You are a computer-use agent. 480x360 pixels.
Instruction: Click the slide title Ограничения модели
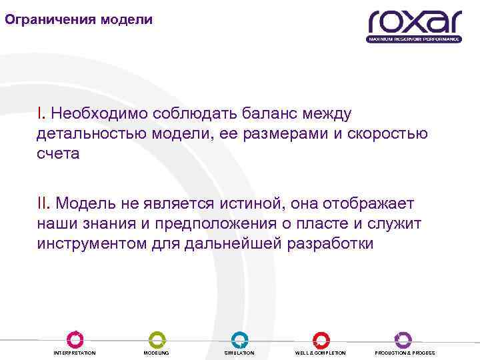pyautogui.click(x=79, y=19)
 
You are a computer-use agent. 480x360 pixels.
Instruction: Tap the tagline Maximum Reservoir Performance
pyautogui.click(x=414, y=39)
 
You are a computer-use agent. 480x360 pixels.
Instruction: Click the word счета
pyautogui.click(x=58, y=153)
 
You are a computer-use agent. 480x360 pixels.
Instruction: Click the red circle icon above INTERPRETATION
pyautogui.click(x=75, y=339)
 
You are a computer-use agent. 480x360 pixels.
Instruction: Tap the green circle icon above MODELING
pyautogui.click(x=157, y=339)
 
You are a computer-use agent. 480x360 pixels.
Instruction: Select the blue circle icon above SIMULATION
pyautogui.click(x=239, y=339)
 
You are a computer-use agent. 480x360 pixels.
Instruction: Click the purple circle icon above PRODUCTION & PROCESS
pyautogui.click(x=403, y=339)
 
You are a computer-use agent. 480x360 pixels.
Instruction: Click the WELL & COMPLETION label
pyautogui.click(x=321, y=353)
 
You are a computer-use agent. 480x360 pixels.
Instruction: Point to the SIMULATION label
pyautogui.click(x=239, y=353)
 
